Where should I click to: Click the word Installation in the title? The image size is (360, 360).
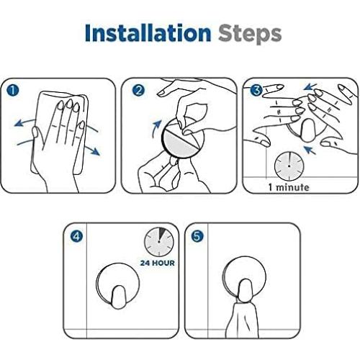click(148, 33)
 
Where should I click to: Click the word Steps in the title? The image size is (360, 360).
click(250, 35)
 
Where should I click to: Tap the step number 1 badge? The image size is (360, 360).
click(13, 91)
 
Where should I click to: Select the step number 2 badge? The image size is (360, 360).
click(138, 91)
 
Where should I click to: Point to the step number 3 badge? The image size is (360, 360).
click(256, 91)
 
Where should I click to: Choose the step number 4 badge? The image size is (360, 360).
click(76, 236)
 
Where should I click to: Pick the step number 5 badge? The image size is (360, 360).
click(197, 236)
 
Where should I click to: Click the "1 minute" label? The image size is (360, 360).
click(289, 187)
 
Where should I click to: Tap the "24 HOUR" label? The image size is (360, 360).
click(158, 263)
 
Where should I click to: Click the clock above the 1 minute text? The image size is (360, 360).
click(289, 166)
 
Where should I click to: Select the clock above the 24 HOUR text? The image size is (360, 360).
click(159, 242)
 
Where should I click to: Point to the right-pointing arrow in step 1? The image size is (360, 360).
click(92, 149)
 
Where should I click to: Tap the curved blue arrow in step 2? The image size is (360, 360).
click(156, 128)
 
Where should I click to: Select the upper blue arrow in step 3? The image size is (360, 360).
click(310, 86)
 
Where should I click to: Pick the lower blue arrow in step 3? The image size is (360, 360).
click(310, 150)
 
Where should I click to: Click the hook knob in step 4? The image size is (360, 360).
click(118, 297)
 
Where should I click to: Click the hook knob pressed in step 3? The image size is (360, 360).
click(307, 131)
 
